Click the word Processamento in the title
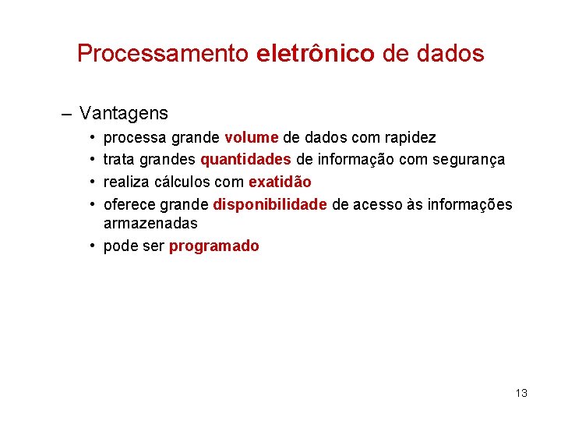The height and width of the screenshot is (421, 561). click(x=164, y=54)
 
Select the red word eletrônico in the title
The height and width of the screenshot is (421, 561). click(x=315, y=54)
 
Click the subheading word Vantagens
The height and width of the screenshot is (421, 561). click(x=124, y=113)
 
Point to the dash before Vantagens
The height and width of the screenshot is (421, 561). click(x=66, y=113)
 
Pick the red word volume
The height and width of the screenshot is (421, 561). click(x=251, y=138)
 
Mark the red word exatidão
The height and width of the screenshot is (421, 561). click(x=280, y=182)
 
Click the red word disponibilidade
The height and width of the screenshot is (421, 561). click(x=270, y=204)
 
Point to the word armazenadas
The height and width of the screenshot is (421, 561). click(x=150, y=223)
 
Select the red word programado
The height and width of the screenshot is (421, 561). click(x=214, y=246)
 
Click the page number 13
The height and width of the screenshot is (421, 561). click(x=521, y=393)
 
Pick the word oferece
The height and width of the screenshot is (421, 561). click(x=129, y=204)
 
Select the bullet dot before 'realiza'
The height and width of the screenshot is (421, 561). click(x=92, y=182)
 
